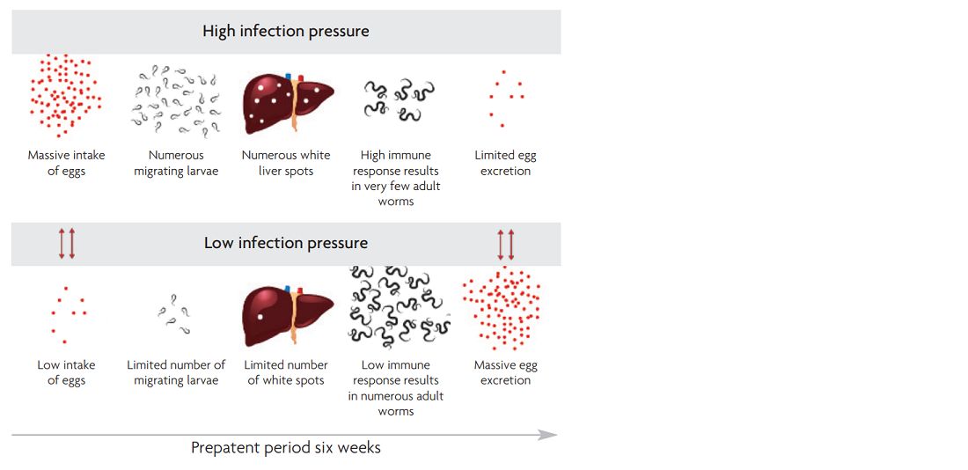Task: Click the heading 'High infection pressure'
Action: [x=286, y=31]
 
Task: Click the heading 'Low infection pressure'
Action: [x=286, y=243]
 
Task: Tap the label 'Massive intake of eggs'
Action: [x=67, y=163]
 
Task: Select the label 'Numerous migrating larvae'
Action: [x=176, y=163]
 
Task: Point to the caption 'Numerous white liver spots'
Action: [x=286, y=163]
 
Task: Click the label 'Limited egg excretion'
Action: [x=506, y=163]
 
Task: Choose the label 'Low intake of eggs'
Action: [x=67, y=372]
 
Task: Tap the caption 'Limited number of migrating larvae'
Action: [x=176, y=372]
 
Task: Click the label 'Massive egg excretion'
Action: [x=506, y=372]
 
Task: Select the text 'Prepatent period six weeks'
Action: [x=286, y=447]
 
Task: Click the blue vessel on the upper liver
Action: [x=289, y=77]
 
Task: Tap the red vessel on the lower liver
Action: [x=300, y=291]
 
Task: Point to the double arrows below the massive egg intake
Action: [x=67, y=243]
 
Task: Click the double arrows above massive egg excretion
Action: [x=506, y=245]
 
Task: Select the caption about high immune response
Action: [x=396, y=179]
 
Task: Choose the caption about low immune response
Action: [x=396, y=388]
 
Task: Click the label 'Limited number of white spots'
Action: [x=286, y=372]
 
